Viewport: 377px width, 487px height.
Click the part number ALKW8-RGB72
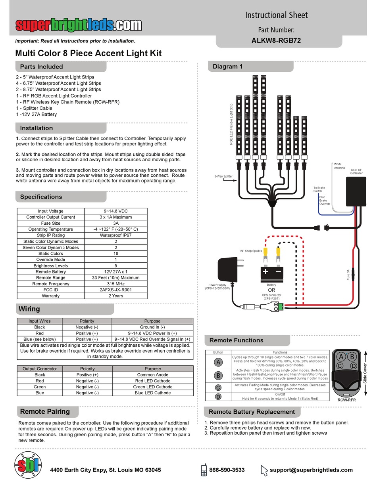[276, 40]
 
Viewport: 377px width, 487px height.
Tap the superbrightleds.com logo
[79, 25]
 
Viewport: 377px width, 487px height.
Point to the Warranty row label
[51, 296]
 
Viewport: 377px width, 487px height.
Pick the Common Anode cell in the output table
[152, 374]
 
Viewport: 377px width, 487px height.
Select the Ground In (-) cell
[152, 327]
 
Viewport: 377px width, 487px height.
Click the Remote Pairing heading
[45, 411]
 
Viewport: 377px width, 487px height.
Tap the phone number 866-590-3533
[227, 470]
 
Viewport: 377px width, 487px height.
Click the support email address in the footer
[311, 470]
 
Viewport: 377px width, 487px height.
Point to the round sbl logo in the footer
[27, 466]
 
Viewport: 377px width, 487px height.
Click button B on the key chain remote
[352, 357]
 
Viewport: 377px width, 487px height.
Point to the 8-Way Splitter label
[223, 177]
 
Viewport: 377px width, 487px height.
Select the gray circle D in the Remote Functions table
[218, 397]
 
